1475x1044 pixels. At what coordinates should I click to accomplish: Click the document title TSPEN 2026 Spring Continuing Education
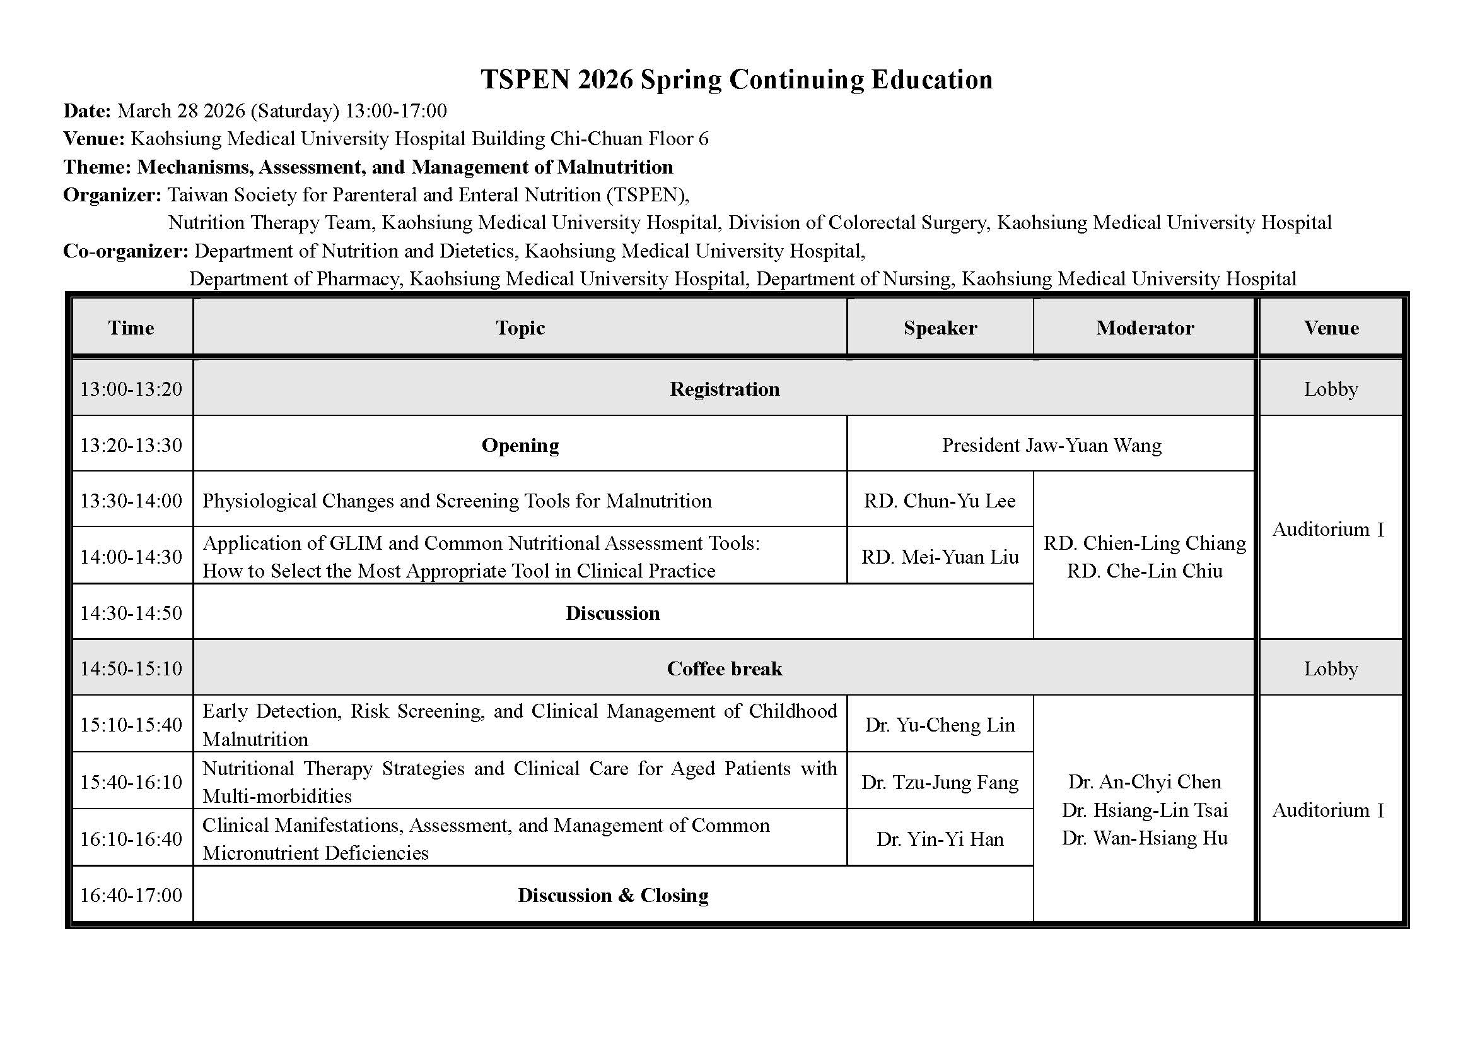pos(736,80)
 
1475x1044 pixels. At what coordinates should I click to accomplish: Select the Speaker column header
pos(940,328)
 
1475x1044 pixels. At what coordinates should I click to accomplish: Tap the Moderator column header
pos(1144,328)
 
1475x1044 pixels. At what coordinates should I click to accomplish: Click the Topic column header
pos(520,328)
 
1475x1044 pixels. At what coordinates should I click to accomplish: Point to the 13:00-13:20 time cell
pos(131,389)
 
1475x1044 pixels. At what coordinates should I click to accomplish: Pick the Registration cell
pos(724,389)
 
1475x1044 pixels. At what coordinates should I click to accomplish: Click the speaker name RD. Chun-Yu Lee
pos(939,501)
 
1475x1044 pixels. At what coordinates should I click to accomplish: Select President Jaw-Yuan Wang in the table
pos(1052,445)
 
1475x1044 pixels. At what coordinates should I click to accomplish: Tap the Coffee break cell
pos(724,668)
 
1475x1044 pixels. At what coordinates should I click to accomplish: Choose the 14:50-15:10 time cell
pos(131,668)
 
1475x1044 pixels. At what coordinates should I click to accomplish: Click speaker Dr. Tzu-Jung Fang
pos(939,781)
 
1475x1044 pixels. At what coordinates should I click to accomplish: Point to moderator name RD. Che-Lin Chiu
pos(1144,571)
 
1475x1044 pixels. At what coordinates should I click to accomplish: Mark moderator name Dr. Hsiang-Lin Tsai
pos(1144,810)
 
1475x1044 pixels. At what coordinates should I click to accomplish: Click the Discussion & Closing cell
pos(612,895)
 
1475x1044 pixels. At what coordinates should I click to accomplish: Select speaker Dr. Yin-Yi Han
pos(939,839)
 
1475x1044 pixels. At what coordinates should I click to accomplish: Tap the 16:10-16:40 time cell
pos(131,839)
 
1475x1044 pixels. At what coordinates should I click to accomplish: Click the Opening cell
pos(520,445)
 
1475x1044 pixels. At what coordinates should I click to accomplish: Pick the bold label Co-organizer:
pos(125,251)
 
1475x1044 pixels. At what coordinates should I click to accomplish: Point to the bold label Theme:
pos(97,167)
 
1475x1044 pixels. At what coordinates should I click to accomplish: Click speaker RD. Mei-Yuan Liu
pos(939,557)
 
